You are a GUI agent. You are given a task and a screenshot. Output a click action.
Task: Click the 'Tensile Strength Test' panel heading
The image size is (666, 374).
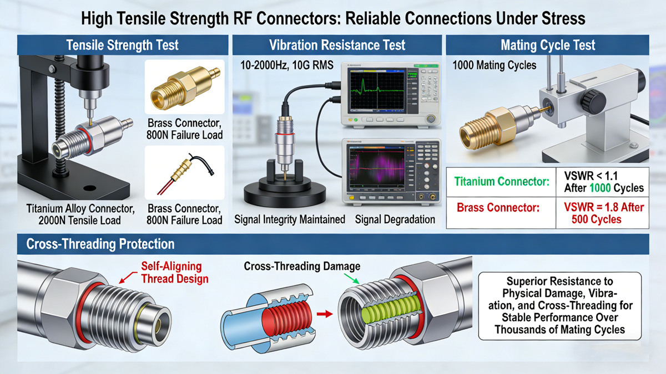pos(122,45)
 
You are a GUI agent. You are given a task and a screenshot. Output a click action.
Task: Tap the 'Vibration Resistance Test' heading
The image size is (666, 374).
pos(337,45)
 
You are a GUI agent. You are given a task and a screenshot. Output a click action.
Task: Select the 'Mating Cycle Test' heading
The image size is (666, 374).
pos(548,45)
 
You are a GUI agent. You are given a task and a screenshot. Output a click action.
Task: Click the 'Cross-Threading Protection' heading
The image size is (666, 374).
pos(100,244)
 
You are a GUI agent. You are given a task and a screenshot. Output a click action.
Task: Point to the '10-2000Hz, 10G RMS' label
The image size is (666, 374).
pos(287,65)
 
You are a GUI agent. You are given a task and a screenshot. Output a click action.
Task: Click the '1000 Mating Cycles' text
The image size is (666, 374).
pos(494,65)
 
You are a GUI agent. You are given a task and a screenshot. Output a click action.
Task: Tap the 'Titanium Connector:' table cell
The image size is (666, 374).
pos(502,181)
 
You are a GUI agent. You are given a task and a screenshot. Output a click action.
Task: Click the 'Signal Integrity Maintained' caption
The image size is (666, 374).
pos(290,219)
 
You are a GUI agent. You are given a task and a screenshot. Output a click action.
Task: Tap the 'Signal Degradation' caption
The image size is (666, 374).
pos(395,219)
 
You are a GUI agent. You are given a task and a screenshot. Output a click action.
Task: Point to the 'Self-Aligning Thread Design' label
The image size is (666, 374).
pos(174,273)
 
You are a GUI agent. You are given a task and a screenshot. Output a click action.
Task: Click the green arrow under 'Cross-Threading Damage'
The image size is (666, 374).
pos(351,279)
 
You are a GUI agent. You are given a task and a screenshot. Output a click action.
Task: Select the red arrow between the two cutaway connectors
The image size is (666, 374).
pos(325,314)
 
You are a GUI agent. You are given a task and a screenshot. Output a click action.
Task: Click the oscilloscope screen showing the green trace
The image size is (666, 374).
pos(377,90)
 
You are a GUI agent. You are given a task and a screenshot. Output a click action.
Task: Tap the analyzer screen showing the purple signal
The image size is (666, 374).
pos(377,168)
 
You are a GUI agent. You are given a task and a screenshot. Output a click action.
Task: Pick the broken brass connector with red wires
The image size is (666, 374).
pos(185,172)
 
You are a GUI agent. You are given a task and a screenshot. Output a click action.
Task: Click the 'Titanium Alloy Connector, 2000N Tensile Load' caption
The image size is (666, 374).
pos(80,214)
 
